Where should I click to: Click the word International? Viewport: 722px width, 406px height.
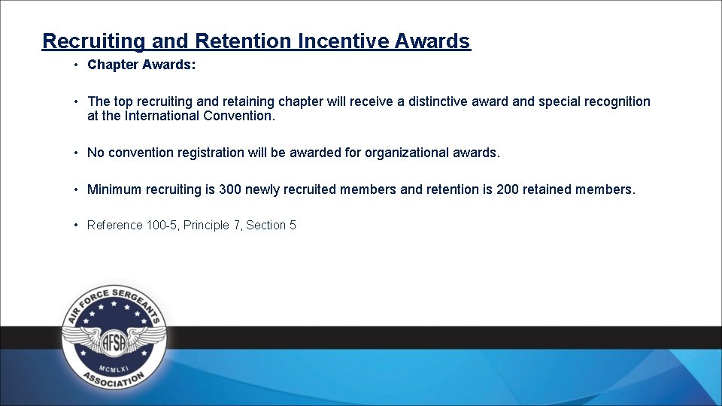pyautogui.click(x=162, y=116)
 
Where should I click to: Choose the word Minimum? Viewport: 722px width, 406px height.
pyautogui.click(x=114, y=189)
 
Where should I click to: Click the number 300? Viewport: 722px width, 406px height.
pyautogui.click(x=230, y=189)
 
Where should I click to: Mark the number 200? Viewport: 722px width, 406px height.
pyautogui.click(x=508, y=189)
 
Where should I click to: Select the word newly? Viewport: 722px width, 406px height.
pyautogui.click(x=262, y=189)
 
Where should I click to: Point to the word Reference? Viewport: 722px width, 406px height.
pyautogui.click(x=114, y=225)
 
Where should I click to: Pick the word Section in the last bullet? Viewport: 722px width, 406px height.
pyautogui.click(x=266, y=225)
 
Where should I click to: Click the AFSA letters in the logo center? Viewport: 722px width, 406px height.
pyautogui.click(x=114, y=340)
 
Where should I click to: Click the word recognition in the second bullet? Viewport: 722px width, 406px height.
pyautogui.click(x=613, y=101)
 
